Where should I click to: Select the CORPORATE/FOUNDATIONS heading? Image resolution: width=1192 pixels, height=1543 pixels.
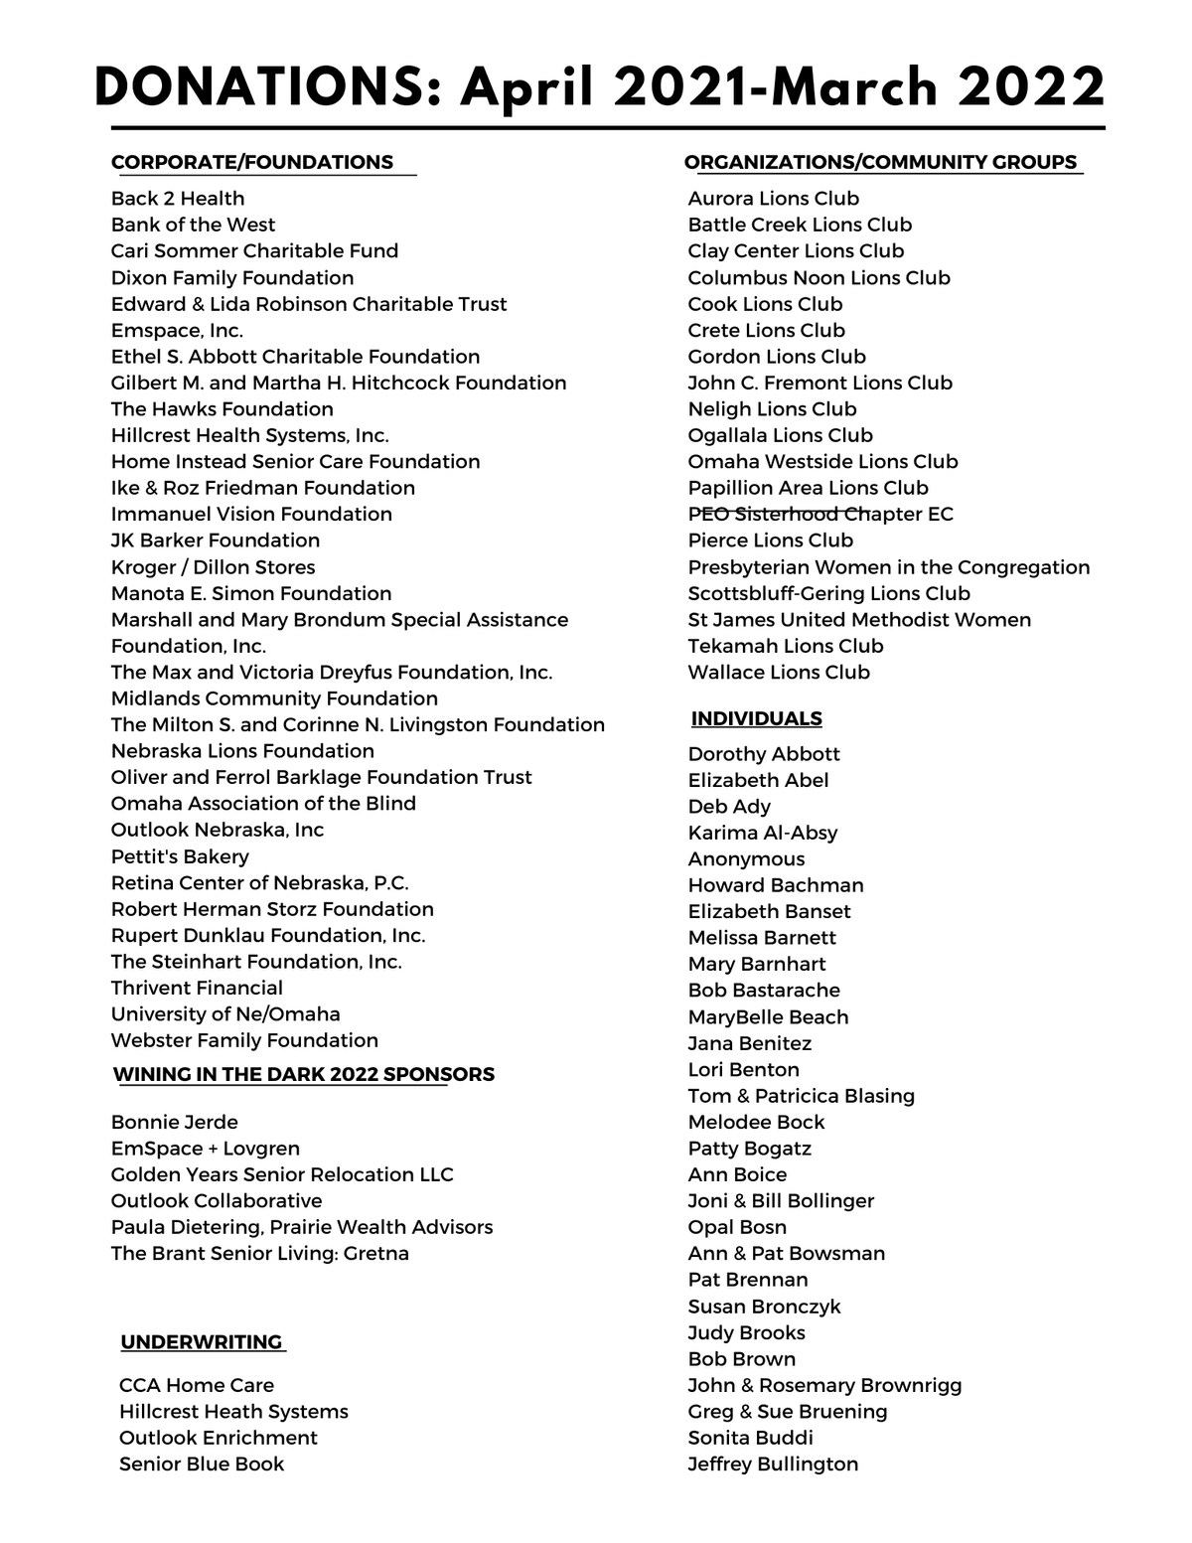click(x=252, y=162)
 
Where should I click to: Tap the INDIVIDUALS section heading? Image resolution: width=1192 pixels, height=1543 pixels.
click(x=757, y=718)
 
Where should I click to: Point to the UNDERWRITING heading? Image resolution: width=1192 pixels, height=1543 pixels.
click(x=202, y=1342)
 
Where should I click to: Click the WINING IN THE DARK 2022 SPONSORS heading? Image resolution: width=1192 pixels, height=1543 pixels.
click(x=304, y=1074)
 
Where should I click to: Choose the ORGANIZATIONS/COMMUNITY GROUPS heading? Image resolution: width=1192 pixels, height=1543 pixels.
click(x=881, y=162)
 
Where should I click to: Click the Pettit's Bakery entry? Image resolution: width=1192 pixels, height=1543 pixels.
click(x=180, y=856)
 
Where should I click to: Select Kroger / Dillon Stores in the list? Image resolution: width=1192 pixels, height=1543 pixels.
click(x=213, y=567)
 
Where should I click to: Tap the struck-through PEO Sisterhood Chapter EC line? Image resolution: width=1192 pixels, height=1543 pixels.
click(x=820, y=514)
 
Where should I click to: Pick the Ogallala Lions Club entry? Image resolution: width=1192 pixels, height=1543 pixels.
click(x=780, y=435)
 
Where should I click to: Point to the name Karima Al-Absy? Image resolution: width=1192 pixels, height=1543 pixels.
click(x=762, y=833)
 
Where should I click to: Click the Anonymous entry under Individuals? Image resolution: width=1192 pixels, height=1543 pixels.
click(x=746, y=859)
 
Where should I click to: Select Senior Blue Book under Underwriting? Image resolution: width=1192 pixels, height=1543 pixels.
click(x=202, y=1464)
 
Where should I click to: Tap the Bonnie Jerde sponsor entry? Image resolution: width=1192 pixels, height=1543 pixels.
click(x=175, y=1122)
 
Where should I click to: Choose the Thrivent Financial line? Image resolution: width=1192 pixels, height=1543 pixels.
click(x=197, y=988)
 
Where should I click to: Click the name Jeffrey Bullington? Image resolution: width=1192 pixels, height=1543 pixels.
click(x=773, y=1464)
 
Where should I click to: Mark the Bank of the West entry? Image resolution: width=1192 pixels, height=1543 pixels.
click(x=193, y=225)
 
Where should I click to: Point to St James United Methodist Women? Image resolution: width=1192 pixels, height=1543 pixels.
click(x=859, y=620)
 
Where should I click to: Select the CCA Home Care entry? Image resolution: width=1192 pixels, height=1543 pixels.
click(x=197, y=1385)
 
